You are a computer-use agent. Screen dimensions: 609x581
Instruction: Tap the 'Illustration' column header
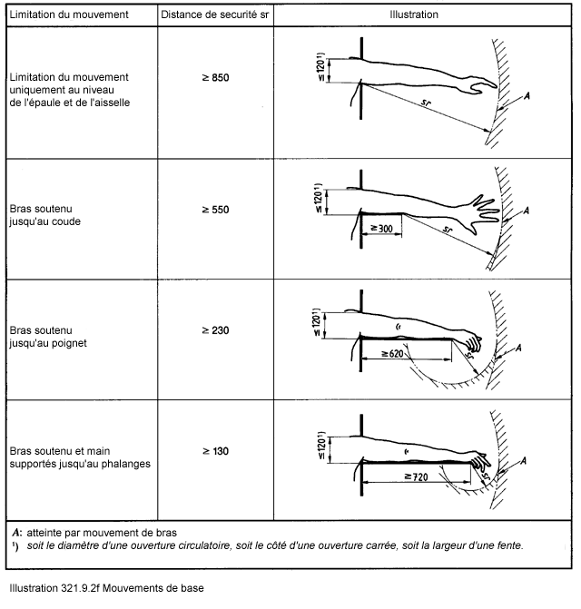click(x=413, y=15)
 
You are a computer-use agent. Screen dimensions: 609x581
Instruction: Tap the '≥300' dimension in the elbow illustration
click(x=381, y=230)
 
